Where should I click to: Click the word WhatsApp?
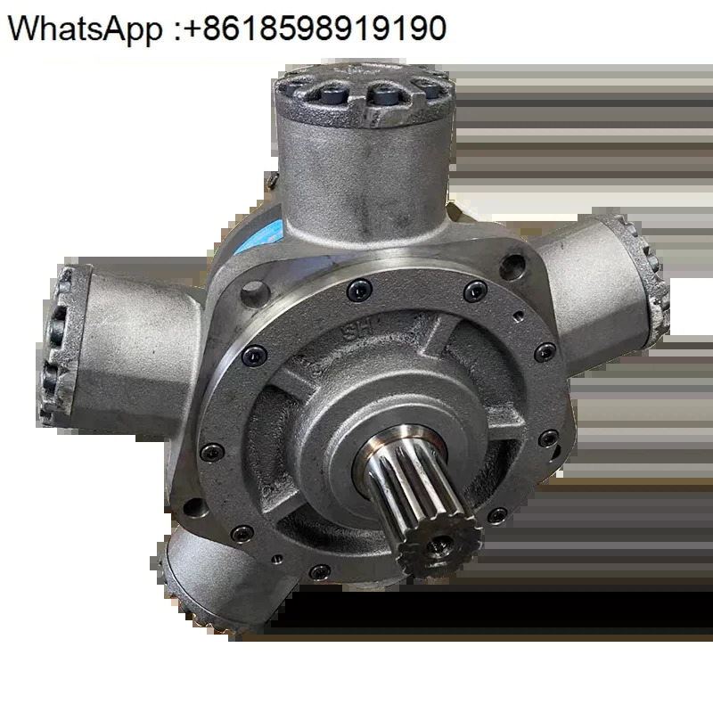(x=85, y=29)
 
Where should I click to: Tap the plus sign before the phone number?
(x=193, y=29)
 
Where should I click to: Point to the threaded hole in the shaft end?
(x=441, y=544)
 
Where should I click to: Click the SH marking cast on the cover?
(x=357, y=332)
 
